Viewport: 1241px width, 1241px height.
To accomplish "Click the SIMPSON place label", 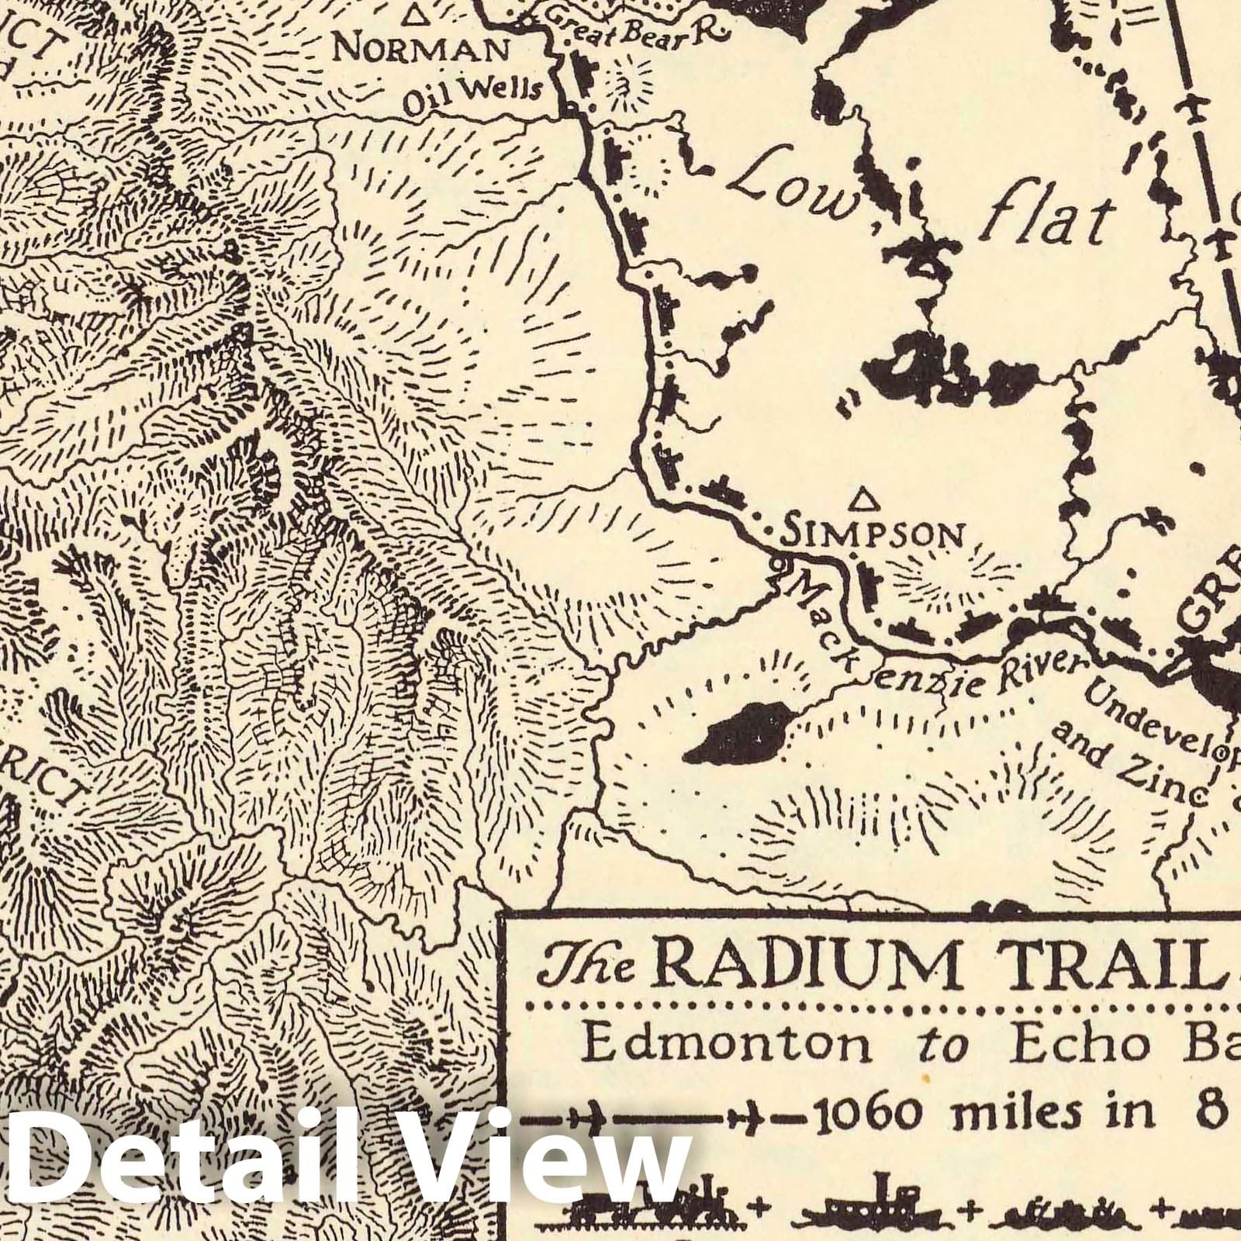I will coord(875,534).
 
